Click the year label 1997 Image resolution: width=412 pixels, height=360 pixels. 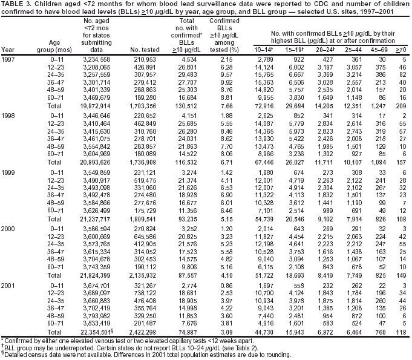pyautogui.click(x=9, y=59)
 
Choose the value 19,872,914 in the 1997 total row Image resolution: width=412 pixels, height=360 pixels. pyautogui.click(x=92, y=106)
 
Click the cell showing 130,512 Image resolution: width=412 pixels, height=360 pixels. pyautogui.click(x=181, y=106)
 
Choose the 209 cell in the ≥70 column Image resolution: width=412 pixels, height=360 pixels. pyautogui.click(x=400, y=106)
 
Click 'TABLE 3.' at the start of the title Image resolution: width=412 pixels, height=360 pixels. pyautogui.click(x=15, y=5)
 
